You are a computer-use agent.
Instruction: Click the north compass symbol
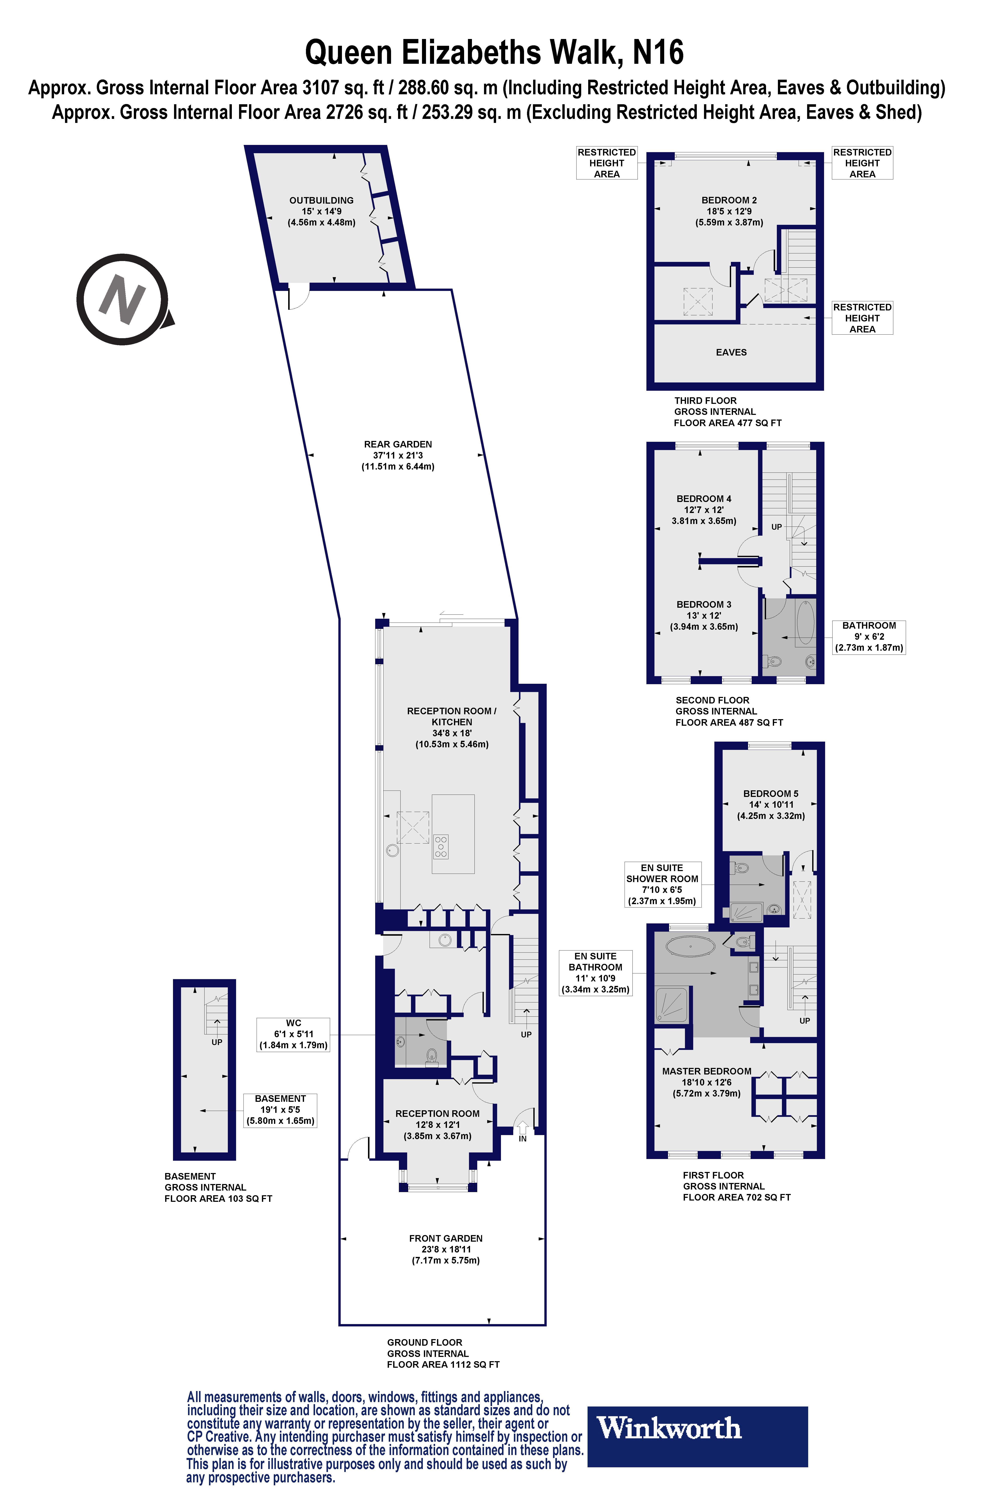coord(122,299)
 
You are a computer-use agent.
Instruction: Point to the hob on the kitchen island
coord(441,846)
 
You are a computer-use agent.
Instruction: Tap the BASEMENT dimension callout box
coord(280,1110)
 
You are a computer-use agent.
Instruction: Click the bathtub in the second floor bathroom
coord(805,622)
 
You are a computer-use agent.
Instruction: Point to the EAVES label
coord(731,352)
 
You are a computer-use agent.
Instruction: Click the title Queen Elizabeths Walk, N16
coord(494,52)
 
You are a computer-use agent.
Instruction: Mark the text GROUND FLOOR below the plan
coord(425,1342)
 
